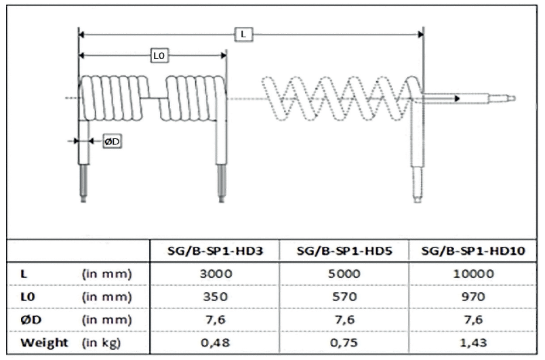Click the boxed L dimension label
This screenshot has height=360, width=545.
241,35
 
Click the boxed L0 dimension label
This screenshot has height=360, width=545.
158,57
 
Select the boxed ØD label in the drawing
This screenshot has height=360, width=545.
112,141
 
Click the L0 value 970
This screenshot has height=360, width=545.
474,296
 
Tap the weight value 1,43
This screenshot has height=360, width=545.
474,342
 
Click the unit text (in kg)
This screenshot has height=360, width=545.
102,342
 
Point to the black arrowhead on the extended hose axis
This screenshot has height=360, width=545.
459,98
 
